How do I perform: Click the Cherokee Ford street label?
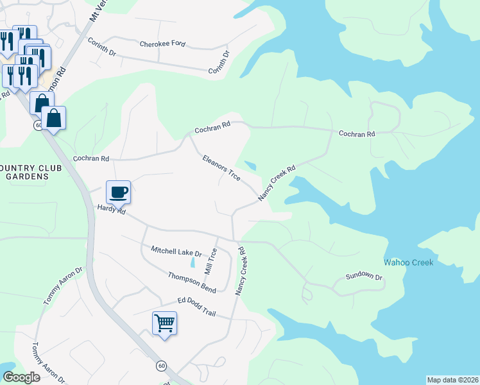click(163, 44)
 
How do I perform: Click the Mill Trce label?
click(210, 261)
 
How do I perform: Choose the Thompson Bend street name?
click(192, 282)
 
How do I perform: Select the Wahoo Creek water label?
click(408, 262)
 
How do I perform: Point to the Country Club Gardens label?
click(24, 172)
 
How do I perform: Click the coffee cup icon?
click(118, 191)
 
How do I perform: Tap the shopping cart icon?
click(164, 322)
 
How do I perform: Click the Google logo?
click(22, 377)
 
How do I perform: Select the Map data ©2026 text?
click(452, 380)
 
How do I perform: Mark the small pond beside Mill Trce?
click(193, 262)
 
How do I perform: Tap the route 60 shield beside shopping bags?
click(39, 125)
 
